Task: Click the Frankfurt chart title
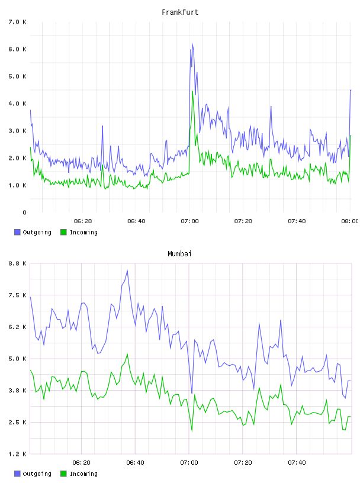click(180, 12)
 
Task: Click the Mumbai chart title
click(179, 254)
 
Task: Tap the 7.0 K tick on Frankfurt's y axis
click(18, 22)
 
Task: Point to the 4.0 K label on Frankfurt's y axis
click(18, 104)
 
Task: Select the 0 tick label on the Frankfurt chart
click(25, 212)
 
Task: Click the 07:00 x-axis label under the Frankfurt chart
click(190, 221)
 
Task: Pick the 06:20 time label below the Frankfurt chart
click(83, 221)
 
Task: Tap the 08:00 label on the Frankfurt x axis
click(350, 221)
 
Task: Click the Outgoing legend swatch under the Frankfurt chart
click(17, 232)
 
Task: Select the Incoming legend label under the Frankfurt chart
click(83, 233)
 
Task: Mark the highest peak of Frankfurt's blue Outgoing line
click(192, 43)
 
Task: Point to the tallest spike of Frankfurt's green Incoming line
click(192, 91)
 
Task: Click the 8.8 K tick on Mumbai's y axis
click(18, 263)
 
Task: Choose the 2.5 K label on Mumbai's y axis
click(18, 422)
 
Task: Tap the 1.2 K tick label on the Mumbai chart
click(18, 454)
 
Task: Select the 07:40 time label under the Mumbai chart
click(297, 463)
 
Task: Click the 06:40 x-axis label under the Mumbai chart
click(136, 463)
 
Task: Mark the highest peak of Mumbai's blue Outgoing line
click(127, 271)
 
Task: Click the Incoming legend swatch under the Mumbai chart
click(63, 474)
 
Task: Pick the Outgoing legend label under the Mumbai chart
click(37, 474)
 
